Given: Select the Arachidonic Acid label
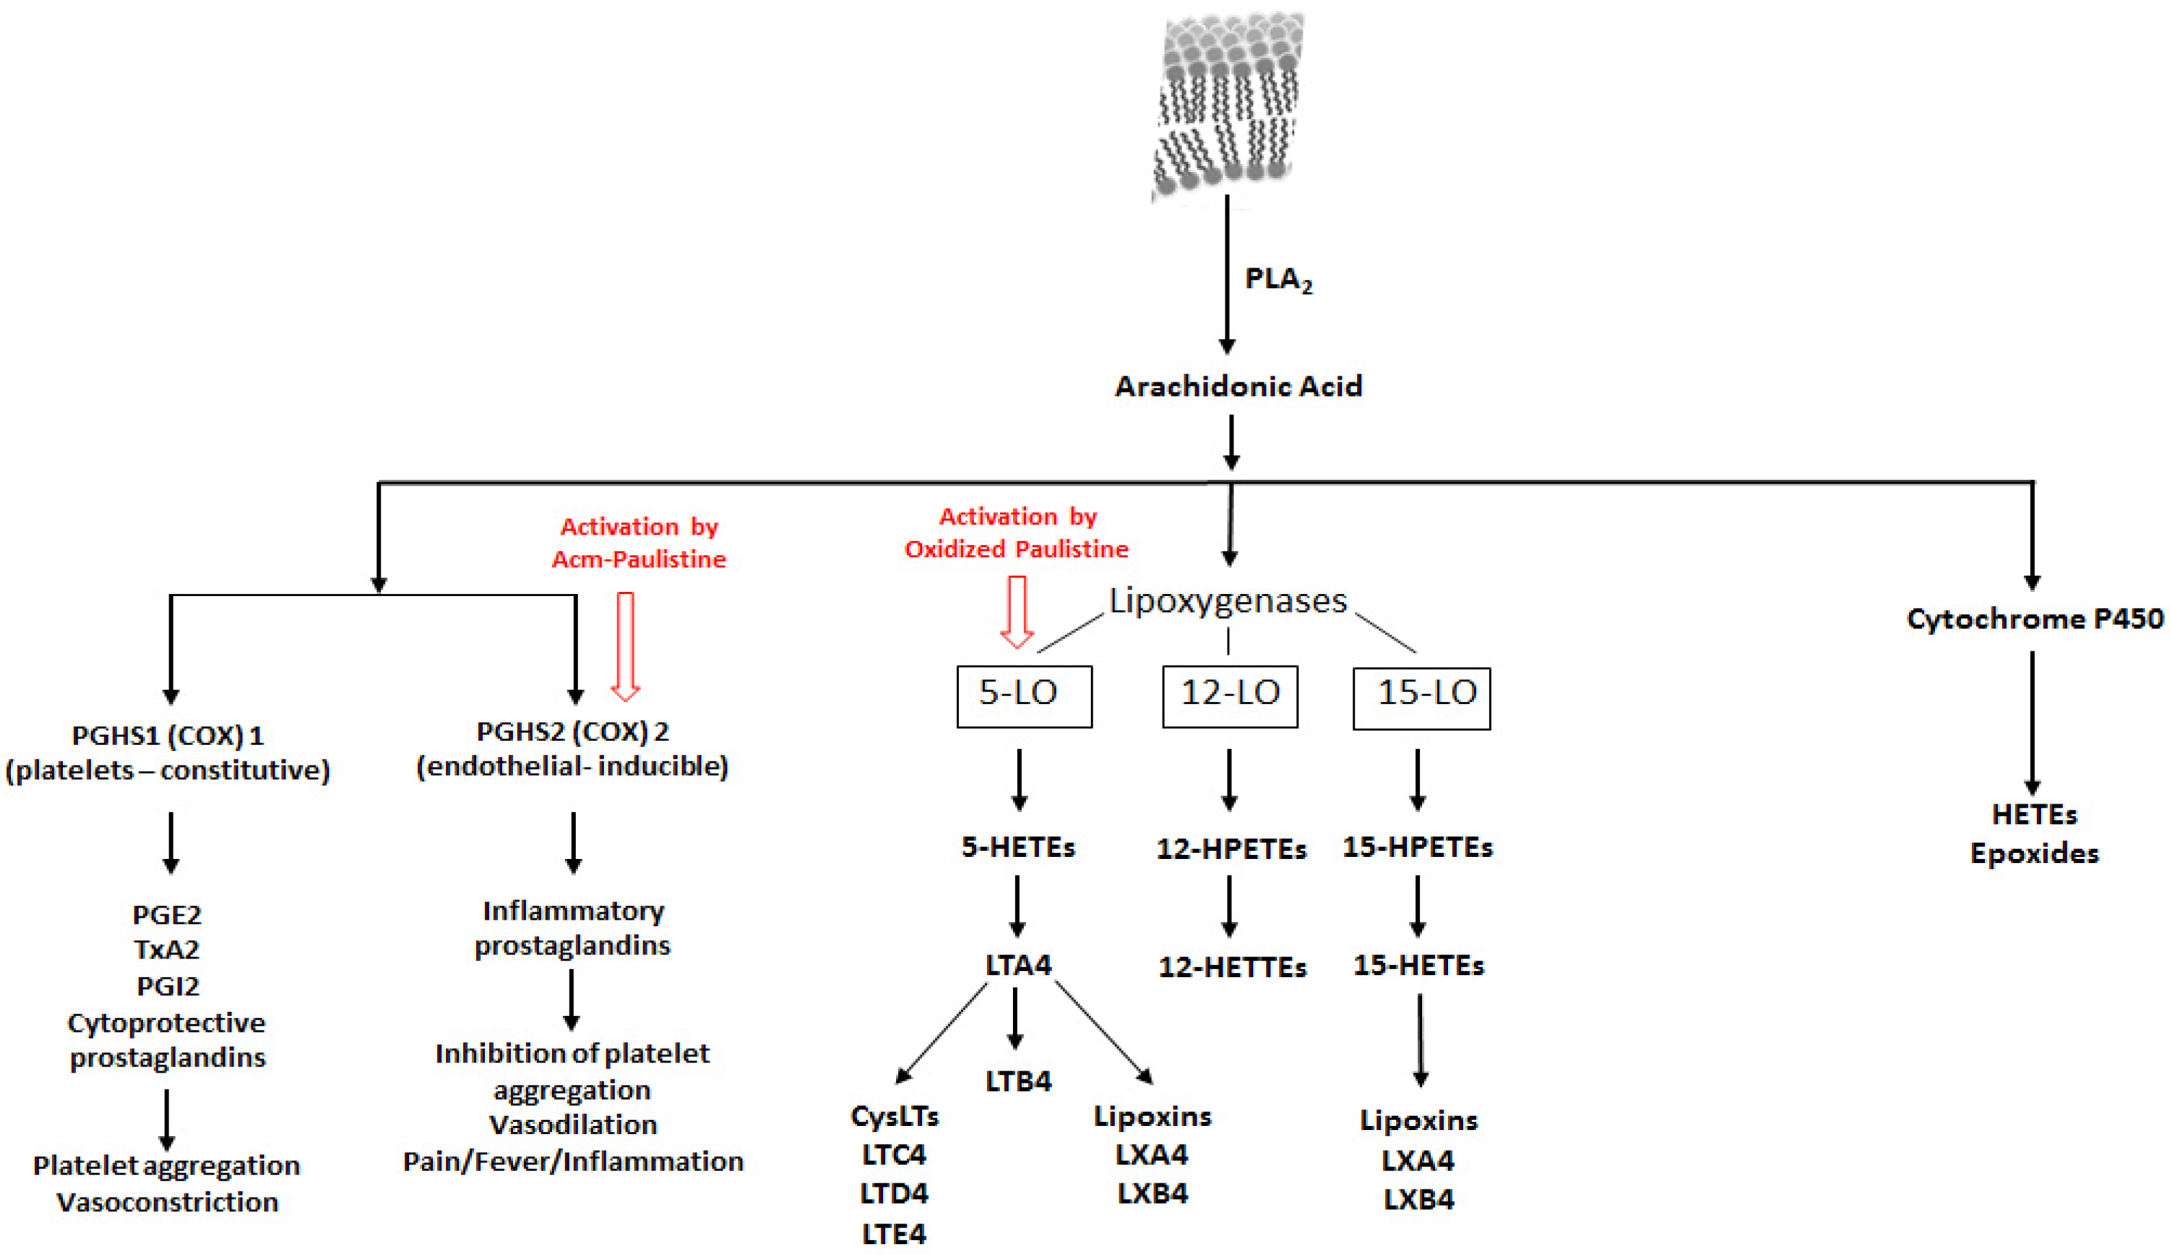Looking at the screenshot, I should point(1238,386).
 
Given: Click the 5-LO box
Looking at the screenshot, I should point(1024,696).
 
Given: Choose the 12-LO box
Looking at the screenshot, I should point(1229,696).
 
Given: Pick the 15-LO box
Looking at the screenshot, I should point(1421,698).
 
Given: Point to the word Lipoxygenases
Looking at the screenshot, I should point(1227,601).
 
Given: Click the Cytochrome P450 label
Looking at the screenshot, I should point(2034,619).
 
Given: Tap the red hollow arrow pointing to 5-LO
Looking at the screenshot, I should point(1017,611).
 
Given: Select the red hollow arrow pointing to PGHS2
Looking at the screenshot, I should point(625,645).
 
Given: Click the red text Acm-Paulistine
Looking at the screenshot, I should point(639,559).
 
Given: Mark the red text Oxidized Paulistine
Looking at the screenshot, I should point(1016,549).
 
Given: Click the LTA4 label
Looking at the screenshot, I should point(1018,965).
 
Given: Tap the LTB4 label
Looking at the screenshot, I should point(1018,1080).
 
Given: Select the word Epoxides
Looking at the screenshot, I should point(2034,854).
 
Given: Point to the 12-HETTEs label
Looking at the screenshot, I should point(1232,968).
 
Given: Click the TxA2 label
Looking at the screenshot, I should point(167,949).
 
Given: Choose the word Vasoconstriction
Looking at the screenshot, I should point(168,1202).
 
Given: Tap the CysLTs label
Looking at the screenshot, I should point(895,1116).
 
